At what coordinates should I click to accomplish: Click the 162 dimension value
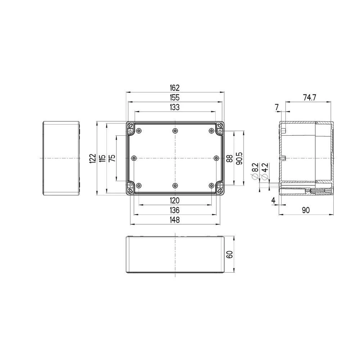click(x=175, y=87)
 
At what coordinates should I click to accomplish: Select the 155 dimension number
click(x=175, y=97)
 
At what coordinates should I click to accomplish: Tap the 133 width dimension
click(x=175, y=107)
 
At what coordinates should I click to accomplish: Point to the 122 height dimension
click(x=93, y=158)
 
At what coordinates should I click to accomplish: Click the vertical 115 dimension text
click(x=102, y=158)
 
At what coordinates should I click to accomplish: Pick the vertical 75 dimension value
click(x=112, y=158)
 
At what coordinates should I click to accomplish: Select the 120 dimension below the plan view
click(x=175, y=201)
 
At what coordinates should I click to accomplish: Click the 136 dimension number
click(x=175, y=210)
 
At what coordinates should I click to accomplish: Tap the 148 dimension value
click(x=175, y=220)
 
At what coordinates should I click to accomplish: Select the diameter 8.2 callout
click(x=255, y=170)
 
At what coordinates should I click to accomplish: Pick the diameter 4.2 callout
click(x=265, y=170)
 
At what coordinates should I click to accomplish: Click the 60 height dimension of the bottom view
click(x=229, y=255)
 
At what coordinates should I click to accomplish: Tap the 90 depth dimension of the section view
click(x=306, y=210)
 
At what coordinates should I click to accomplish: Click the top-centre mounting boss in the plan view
click(x=175, y=130)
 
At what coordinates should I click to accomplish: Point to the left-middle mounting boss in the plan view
click(x=134, y=158)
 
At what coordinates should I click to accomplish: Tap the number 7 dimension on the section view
click(x=276, y=107)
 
